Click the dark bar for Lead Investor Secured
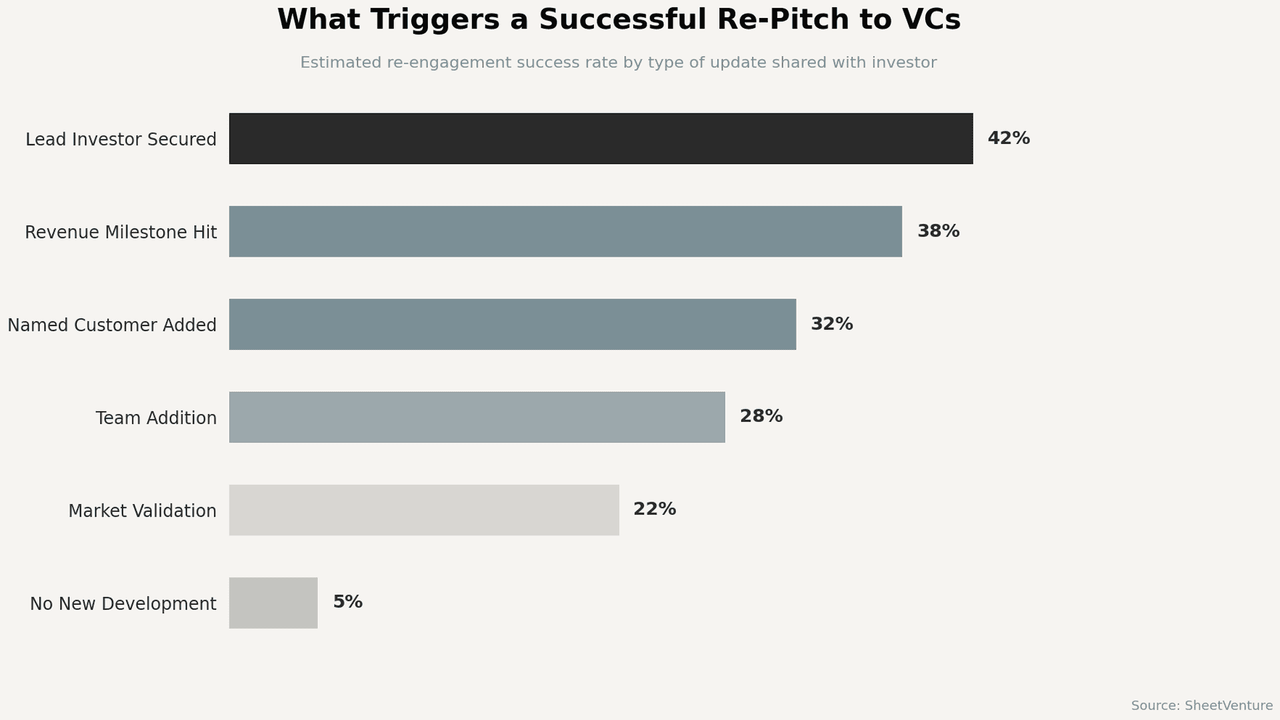[x=601, y=139]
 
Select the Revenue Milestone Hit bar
[x=565, y=231]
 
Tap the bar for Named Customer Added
[x=512, y=324]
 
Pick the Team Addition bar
[x=477, y=417]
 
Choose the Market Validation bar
[x=424, y=510]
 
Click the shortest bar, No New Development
[x=273, y=603]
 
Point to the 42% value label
[x=1008, y=139]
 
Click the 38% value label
[x=938, y=231]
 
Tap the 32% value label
[x=831, y=324]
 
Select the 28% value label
[x=761, y=417]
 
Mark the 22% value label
[x=654, y=509]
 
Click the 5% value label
[x=347, y=602]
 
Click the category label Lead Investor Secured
[x=121, y=139]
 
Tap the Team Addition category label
[x=156, y=418]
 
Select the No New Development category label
[x=123, y=604]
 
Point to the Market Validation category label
[x=142, y=511]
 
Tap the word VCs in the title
[x=931, y=20]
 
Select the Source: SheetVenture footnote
[x=1201, y=705]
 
